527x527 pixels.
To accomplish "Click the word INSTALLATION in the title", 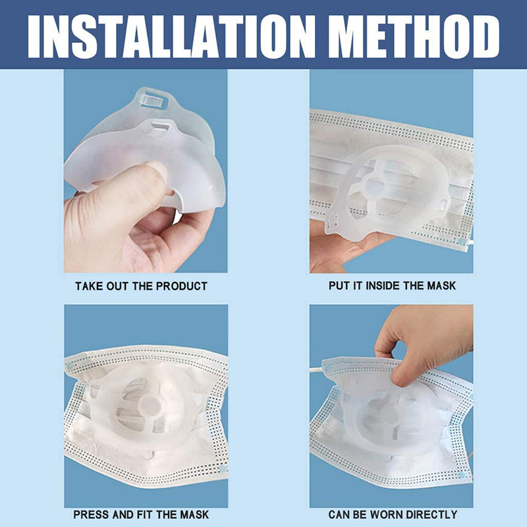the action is click(x=172, y=36).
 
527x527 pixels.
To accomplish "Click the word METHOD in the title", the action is click(x=414, y=36).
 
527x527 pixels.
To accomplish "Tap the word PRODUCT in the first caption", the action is click(x=182, y=286).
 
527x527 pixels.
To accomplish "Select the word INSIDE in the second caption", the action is click(x=383, y=286).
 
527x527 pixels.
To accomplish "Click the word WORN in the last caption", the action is click(x=383, y=514).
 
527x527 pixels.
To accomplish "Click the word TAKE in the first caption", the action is click(x=89, y=286).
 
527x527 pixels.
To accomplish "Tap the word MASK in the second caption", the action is click(x=441, y=286).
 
